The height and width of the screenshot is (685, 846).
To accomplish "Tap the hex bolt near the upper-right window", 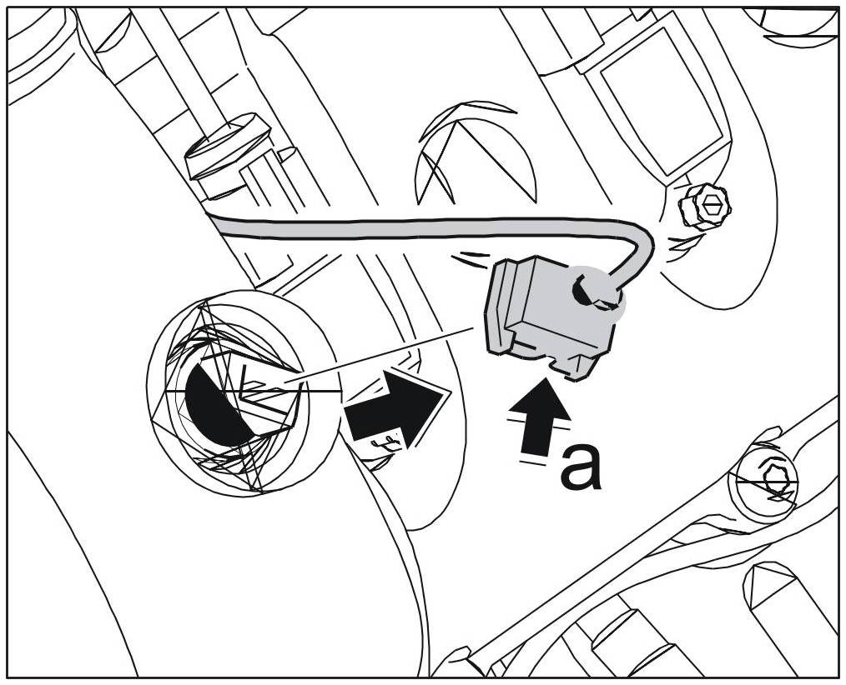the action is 706,204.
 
